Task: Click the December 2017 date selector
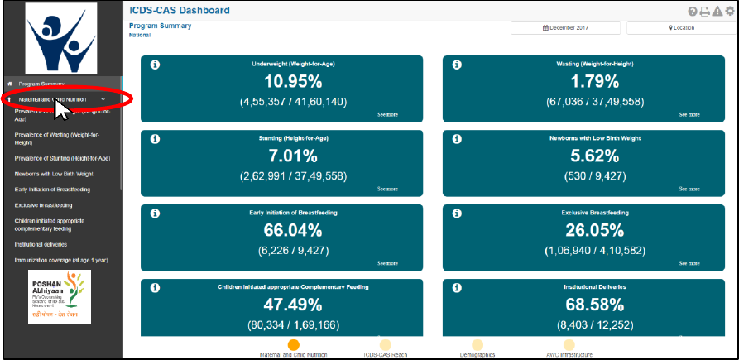[565, 27]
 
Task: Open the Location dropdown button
[681, 27]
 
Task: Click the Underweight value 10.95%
[293, 82]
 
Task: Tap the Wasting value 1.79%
[594, 82]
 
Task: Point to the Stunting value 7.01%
[293, 156]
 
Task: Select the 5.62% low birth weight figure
[594, 156]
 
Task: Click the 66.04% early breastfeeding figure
[293, 231]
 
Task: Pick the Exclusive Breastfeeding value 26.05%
[594, 231]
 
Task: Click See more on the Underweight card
[387, 114]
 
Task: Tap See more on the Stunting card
[387, 189]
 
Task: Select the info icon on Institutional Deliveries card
[457, 287]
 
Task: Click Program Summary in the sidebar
[42, 84]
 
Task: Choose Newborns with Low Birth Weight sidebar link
[54, 174]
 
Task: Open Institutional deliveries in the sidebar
[41, 244]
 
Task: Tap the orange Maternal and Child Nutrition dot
[293, 344]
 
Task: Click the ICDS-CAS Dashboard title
[180, 11]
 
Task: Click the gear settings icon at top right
[729, 11]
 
